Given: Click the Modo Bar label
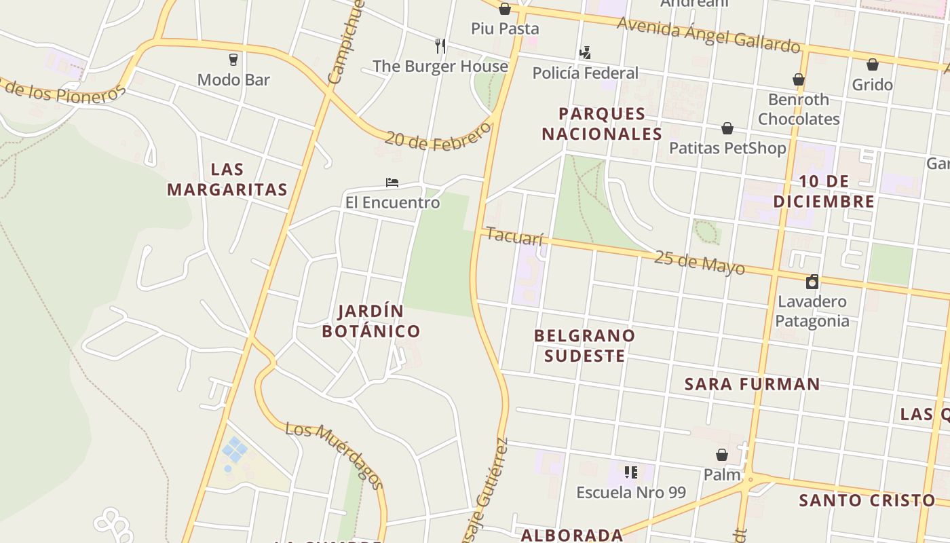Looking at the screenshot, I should (x=233, y=80).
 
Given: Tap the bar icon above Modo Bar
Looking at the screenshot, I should (x=233, y=59).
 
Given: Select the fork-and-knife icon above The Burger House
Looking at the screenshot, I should (x=440, y=45).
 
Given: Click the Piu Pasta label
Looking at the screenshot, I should (x=505, y=29).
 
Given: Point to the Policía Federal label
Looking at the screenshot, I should (x=585, y=73).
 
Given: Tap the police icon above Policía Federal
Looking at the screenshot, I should (x=585, y=52).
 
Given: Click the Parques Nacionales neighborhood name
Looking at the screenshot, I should (x=601, y=124).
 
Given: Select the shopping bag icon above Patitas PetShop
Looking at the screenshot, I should (x=727, y=128).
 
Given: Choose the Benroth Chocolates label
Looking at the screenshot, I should (x=799, y=109).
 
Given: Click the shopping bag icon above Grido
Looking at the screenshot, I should (x=873, y=64).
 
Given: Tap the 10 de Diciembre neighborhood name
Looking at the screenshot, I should (x=824, y=191).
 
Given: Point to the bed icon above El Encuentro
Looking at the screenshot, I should (x=392, y=182).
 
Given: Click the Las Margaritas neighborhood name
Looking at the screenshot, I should (x=227, y=179).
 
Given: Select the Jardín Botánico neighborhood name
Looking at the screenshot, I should (x=370, y=321).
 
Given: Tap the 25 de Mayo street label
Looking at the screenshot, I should (x=699, y=263).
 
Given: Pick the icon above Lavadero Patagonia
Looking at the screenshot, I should (x=812, y=281).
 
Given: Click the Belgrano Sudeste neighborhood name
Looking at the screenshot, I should (x=584, y=345).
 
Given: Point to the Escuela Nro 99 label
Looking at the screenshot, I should (x=631, y=493).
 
